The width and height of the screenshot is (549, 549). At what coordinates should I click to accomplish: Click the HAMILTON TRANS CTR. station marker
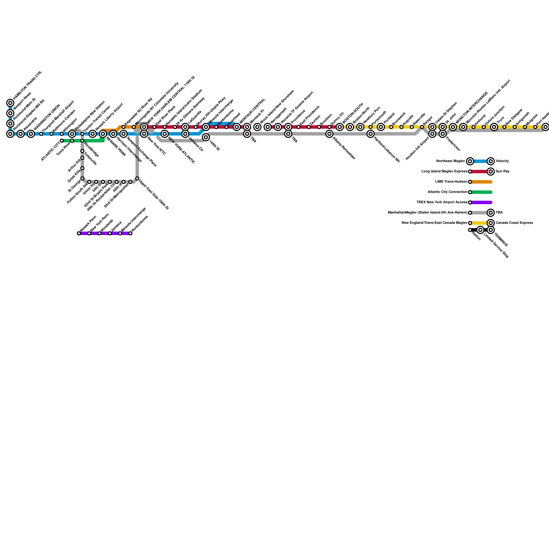point(10,103)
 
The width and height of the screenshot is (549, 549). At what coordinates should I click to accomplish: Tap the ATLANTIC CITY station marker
point(62,141)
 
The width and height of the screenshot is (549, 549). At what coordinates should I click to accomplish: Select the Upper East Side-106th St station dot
point(137,178)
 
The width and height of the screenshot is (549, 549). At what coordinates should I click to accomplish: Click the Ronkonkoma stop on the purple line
point(130,233)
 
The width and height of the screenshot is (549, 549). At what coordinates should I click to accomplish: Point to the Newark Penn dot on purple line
point(79,233)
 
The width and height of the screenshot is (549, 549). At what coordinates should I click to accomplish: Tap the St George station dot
point(82,178)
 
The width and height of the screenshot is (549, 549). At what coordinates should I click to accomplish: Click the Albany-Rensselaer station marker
point(329,134)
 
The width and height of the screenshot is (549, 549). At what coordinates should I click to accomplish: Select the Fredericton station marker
point(443,134)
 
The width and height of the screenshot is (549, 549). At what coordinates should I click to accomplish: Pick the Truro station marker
point(494,127)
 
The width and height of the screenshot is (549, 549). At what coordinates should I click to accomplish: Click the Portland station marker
point(381,127)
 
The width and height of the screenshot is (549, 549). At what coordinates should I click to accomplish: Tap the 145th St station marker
point(206,137)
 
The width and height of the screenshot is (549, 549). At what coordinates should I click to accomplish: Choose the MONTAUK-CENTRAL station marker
point(237,127)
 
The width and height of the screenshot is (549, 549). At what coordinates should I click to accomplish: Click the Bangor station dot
point(422,127)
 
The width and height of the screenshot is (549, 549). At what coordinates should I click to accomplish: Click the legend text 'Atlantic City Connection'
point(447,192)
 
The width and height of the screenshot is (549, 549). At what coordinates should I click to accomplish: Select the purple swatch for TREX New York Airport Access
point(482,202)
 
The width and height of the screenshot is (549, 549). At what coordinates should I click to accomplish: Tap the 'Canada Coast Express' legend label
point(514,223)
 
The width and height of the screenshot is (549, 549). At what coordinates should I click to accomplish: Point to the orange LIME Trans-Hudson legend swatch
point(482,182)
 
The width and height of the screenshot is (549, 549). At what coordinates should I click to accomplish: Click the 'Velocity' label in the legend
point(502,161)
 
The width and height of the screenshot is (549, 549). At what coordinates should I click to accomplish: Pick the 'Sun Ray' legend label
point(502,172)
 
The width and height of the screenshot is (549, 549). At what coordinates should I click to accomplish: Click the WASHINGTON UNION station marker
point(31,134)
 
